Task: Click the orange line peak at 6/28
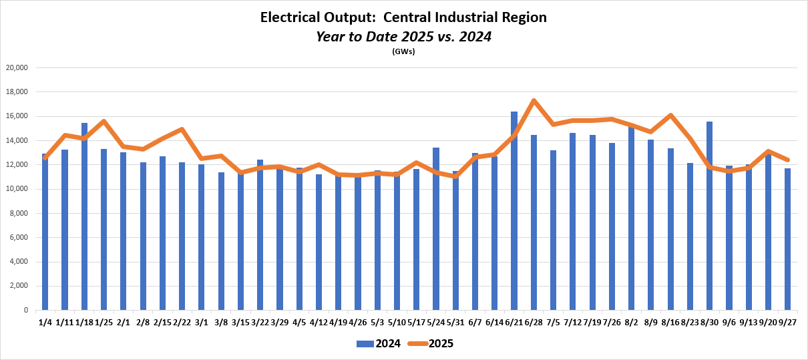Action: pyautogui.click(x=534, y=101)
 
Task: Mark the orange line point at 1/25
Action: pyautogui.click(x=104, y=122)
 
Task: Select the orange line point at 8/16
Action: pyautogui.click(x=670, y=116)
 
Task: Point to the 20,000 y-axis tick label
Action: pyautogui.click(x=16, y=67)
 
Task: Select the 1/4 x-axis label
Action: pyautogui.click(x=45, y=323)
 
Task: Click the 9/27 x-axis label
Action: pyautogui.click(x=788, y=323)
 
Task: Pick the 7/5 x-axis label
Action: pyautogui.click(x=554, y=323)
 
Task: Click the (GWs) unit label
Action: pyautogui.click(x=403, y=52)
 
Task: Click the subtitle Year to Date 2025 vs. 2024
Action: pyautogui.click(x=403, y=37)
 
